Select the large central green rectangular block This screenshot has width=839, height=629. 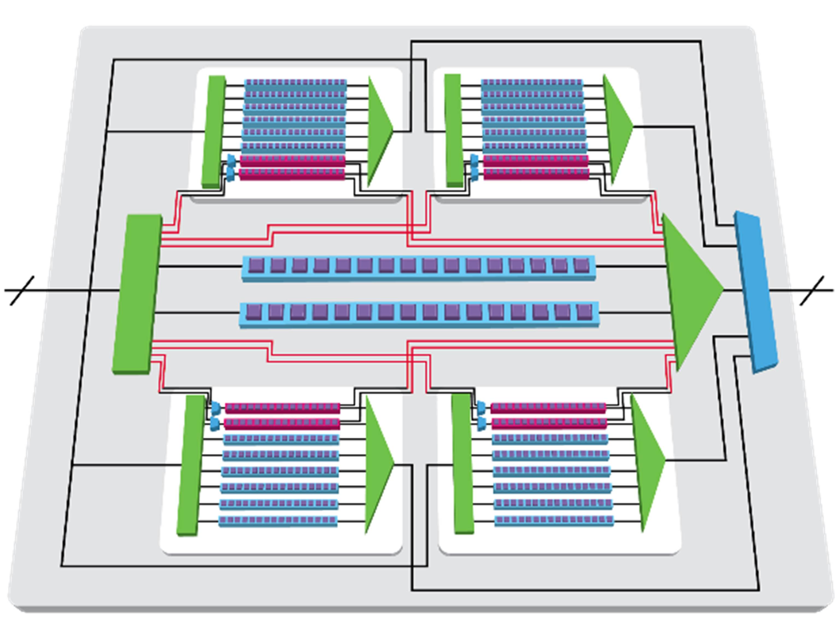coord(137,294)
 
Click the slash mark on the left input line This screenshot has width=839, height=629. coord(22,290)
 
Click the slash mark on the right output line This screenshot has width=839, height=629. coord(812,290)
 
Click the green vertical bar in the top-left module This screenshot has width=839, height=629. coord(214,131)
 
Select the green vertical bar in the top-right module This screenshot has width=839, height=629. coord(453,130)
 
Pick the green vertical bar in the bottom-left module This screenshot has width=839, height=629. coord(191,465)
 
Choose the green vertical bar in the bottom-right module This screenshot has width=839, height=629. coord(462,463)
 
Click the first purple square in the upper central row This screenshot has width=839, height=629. coord(257,265)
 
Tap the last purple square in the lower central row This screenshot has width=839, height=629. coord(584,311)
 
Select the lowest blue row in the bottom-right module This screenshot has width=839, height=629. coord(554,520)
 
